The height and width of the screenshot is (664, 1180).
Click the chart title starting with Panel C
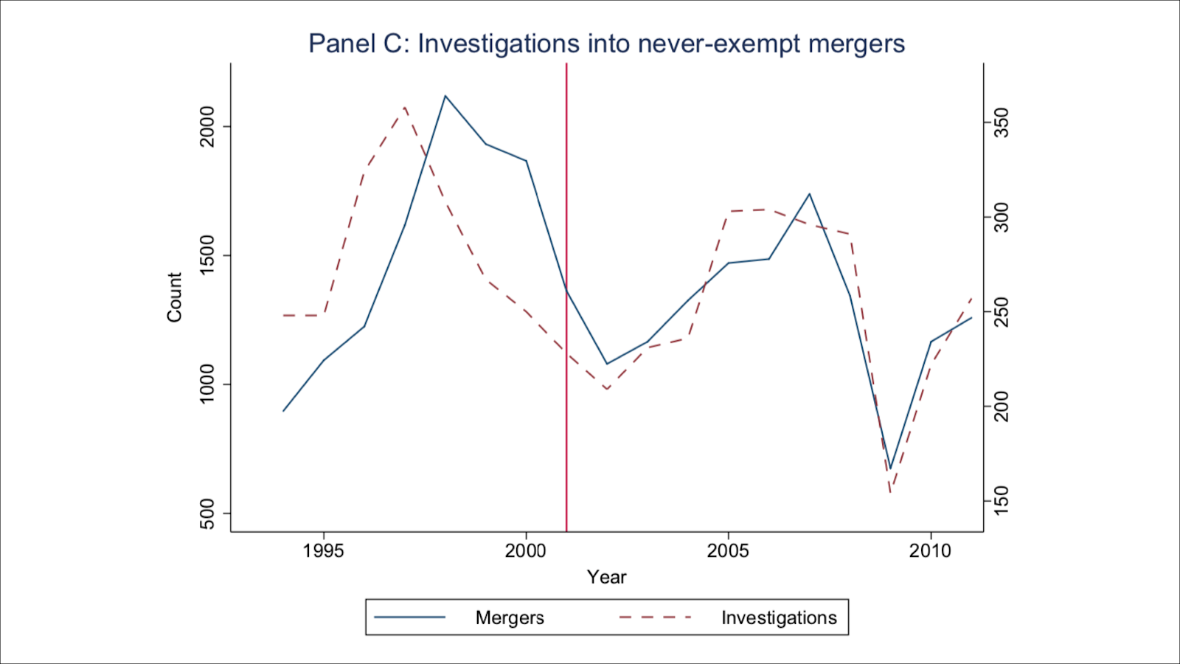tap(606, 44)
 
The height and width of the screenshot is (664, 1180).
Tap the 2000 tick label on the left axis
tap(207, 126)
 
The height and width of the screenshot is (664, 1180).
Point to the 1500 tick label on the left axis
tap(207, 255)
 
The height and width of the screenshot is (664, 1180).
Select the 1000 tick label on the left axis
tap(207, 384)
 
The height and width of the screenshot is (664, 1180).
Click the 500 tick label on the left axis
tap(207, 513)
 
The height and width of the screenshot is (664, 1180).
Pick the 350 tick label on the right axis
tap(1002, 123)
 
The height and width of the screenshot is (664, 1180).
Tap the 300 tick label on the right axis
tap(1002, 218)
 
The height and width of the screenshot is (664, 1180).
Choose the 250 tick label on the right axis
tap(1002, 312)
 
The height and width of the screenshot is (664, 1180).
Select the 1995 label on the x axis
tap(323, 551)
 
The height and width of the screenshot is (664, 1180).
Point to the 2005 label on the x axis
tap(728, 551)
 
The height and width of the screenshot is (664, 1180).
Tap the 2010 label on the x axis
tap(930, 551)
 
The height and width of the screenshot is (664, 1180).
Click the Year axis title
tap(606, 577)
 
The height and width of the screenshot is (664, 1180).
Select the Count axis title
tap(174, 297)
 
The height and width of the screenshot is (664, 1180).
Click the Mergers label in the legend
tap(510, 618)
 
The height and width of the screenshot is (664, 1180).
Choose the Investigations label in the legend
tap(779, 618)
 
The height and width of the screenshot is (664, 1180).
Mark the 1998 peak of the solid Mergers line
tap(445, 96)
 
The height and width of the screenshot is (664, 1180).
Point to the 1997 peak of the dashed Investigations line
tap(405, 108)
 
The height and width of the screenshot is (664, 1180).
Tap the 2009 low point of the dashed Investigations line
tap(890, 491)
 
